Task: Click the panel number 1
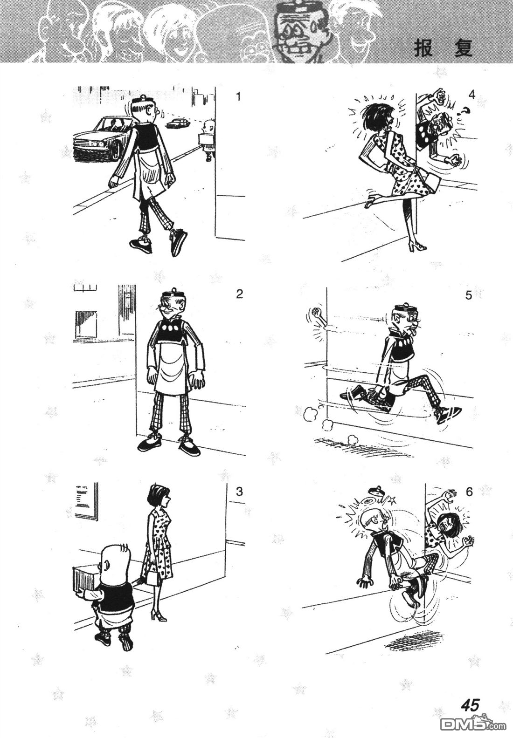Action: pyautogui.click(x=239, y=97)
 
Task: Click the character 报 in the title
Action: pyautogui.click(x=423, y=49)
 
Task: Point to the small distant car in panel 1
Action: pyautogui.click(x=178, y=123)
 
